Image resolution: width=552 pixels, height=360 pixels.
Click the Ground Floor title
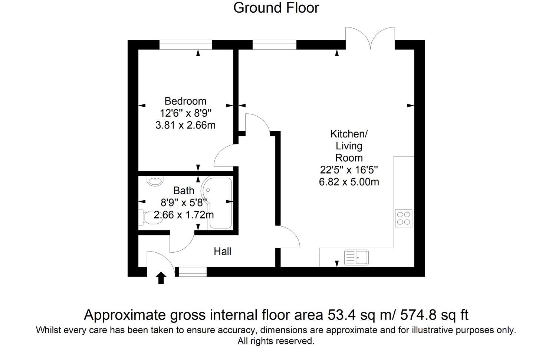click(276, 8)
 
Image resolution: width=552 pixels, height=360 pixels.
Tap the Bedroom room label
click(185, 101)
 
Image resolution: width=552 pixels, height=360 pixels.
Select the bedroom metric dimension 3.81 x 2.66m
click(185, 125)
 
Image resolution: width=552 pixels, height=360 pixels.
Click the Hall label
click(222, 252)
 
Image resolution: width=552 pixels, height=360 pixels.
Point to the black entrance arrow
click(161, 278)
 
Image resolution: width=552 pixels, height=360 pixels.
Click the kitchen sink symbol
click(356, 257)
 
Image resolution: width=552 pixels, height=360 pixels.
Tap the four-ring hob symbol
click(404, 218)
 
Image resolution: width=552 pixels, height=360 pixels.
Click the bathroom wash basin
click(155, 181)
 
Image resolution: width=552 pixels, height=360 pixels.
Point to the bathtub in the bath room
click(219, 204)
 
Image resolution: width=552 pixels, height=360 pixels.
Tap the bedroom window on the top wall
click(185, 45)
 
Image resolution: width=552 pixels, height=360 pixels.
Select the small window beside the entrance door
click(192, 272)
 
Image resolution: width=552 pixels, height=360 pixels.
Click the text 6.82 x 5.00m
click(349, 182)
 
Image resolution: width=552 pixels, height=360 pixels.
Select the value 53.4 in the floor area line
click(341, 315)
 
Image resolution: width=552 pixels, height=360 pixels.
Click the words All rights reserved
click(276, 341)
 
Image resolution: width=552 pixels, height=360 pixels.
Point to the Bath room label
click(184, 191)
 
